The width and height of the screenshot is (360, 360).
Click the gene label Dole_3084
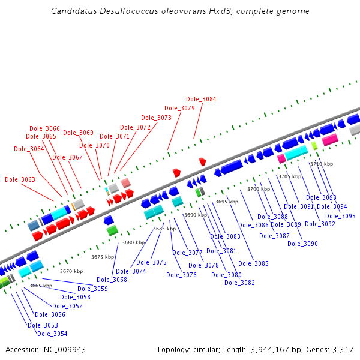(201, 100)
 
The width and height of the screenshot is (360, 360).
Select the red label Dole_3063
(20, 179)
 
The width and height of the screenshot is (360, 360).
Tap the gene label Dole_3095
(340, 216)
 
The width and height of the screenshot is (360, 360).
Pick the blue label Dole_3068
(112, 280)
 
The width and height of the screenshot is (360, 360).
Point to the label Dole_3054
(52, 334)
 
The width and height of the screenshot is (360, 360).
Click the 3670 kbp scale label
(71, 271)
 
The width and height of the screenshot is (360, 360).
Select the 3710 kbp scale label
(321, 164)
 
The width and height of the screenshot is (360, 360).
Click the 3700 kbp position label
(259, 189)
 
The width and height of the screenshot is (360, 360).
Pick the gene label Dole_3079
(179, 109)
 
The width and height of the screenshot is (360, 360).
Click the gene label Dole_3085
(253, 263)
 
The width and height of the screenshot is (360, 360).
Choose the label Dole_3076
(181, 275)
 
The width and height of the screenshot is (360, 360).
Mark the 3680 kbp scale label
(133, 242)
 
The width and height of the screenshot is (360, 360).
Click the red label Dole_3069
(78, 133)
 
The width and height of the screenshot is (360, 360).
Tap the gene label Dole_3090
(302, 244)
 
